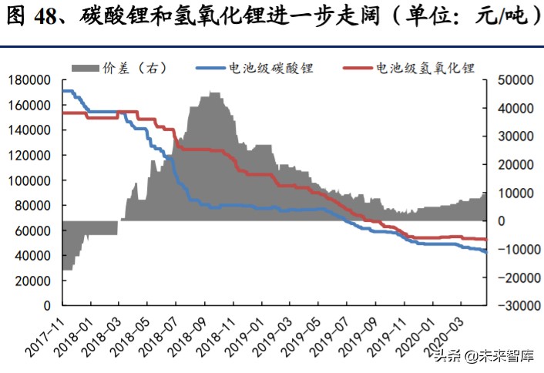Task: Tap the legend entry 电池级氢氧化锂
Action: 423,68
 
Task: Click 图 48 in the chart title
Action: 35,15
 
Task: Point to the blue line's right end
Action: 486,252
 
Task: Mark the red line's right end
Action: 486,240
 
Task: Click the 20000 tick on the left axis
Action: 32,281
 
